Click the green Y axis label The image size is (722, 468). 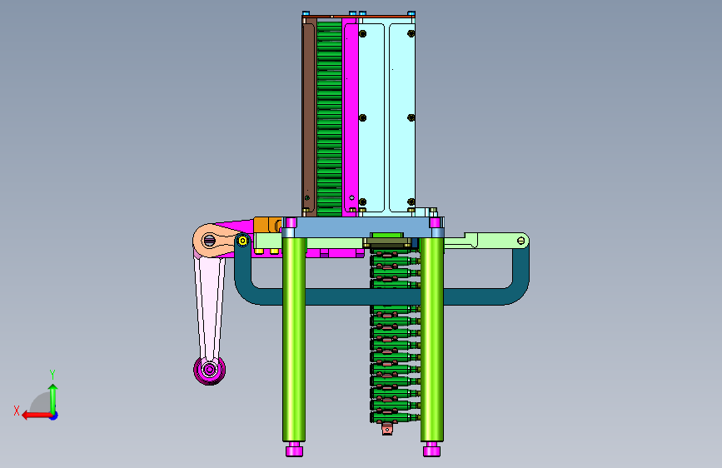click(52, 374)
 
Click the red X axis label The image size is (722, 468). click(17, 411)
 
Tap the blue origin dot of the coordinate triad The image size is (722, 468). click(54, 416)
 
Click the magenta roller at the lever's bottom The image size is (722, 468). click(210, 370)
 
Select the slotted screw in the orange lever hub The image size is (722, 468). click(210, 240)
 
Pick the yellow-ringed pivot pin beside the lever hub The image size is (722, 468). click(242, 241)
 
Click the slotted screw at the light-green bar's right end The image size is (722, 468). click(520, 241)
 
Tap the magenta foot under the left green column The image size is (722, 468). click(294, 449)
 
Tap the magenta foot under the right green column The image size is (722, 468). click(431, 449)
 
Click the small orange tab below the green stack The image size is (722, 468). click(387, 430)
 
